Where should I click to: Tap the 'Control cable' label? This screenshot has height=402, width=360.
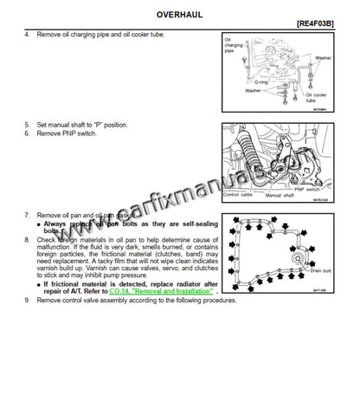tap(237, 196)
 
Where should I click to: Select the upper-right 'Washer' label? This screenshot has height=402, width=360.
tap(322, 58)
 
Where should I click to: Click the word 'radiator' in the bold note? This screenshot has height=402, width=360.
tap(180, 284)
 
